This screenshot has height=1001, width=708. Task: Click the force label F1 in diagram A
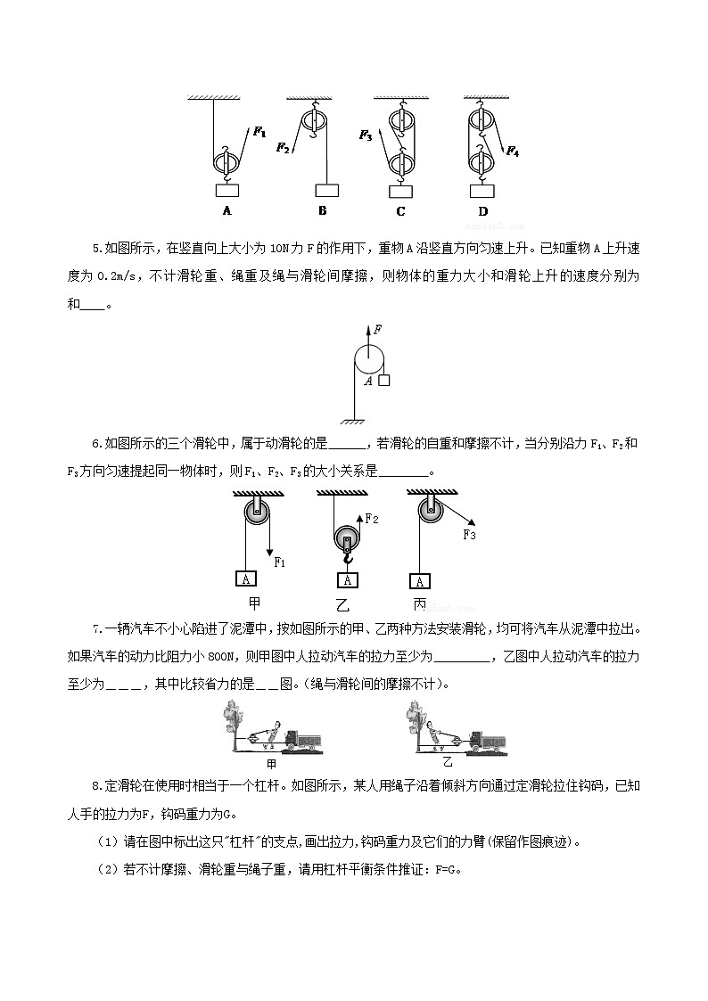click(x=259, y=132)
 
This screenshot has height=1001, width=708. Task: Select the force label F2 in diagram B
click(x=283, y=147)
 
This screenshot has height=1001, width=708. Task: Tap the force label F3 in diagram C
click(x=366, y=135)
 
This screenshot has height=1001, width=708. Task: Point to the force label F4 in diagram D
click(x=513, y=152)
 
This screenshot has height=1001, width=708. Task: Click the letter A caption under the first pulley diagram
click(x=226, y=211)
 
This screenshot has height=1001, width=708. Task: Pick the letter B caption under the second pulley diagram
click(x=322, y=210)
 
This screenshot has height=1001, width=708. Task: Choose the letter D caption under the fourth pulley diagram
click(x=482, y=211)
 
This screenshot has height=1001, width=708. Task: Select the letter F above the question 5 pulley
click(x=378, y=329)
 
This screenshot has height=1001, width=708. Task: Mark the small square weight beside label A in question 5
click(x=383, y=381)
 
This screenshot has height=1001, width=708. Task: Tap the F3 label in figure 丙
click(x=469, y=534)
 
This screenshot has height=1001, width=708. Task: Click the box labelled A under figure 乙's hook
click(x=349, y=580)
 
